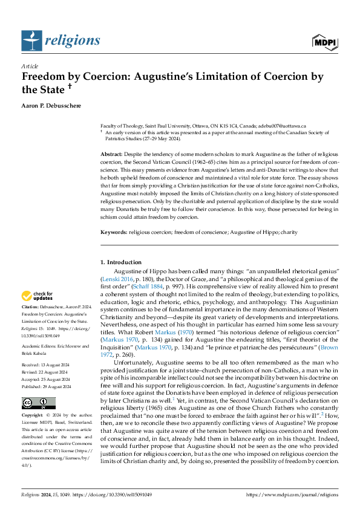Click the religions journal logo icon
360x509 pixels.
[x=31, y=41]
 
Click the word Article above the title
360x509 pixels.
[x=30, y=65]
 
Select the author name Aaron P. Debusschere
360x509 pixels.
[x=56, y=105]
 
